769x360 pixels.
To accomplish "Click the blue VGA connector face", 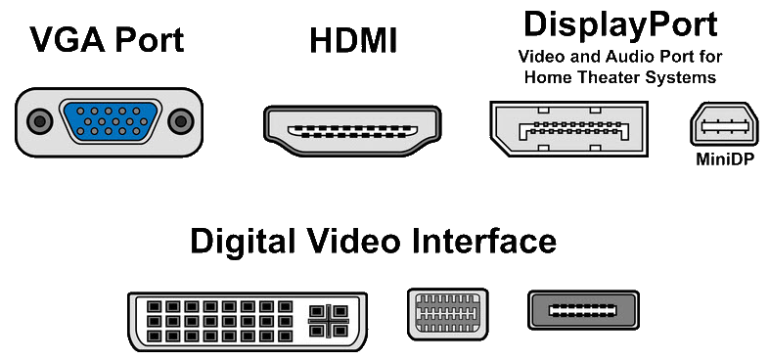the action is [x=111, y=121].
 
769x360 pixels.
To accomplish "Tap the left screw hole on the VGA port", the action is [x=40, y=121].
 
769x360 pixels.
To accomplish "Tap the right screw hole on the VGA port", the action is [x=180, y=121].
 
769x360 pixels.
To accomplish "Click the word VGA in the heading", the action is [x=68, y=39].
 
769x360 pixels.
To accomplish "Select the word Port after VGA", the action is [x=150, y=39].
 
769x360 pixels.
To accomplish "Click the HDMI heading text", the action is [x=353, y=40].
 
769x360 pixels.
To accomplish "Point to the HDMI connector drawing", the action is [x=352, y=131].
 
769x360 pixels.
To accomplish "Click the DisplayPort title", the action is [x=620, y=25].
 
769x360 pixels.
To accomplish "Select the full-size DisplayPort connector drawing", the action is [x=568, y=129].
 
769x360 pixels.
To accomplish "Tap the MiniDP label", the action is [x=724, y=159].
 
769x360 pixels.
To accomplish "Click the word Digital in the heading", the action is [x=244, y=242].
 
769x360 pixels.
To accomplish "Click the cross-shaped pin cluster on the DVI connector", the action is [x=328, y=321].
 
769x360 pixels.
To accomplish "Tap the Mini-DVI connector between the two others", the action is [x=448, y=314].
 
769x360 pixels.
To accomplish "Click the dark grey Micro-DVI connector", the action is [x=584, y=310].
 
